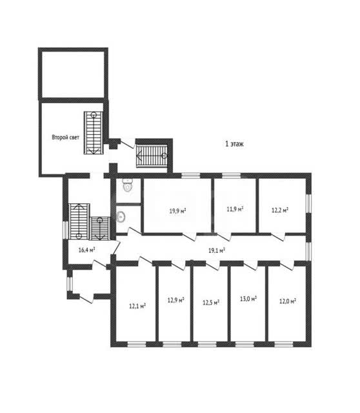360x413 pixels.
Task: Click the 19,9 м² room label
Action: coord(177,211)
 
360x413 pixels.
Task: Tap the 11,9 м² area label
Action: coord(235,209)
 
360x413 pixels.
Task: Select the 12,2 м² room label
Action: coord(280,210)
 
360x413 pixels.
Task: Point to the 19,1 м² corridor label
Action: coord(217,250)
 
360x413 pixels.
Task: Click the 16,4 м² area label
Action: coord(86,250)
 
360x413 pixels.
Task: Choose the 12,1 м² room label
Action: coord(137,306)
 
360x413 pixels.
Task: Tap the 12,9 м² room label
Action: coord(175,300)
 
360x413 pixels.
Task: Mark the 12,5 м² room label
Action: coord(211,303)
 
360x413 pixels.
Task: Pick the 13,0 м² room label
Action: coord(248,299)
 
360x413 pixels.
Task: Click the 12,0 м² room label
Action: coord(288,301)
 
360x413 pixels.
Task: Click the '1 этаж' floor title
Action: coord(234,144)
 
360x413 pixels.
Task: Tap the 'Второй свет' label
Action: coord(65,137)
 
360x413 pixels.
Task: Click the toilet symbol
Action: coord(128,185)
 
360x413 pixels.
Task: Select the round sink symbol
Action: coord(121,217)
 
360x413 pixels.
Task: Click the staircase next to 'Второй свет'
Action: coord(94,133)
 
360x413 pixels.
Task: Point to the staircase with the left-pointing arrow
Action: coord(152,156)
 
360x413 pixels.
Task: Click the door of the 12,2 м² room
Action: coord(279,237)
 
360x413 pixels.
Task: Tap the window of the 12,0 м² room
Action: coord(284,344)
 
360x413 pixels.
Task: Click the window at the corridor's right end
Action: coord(308,251)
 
